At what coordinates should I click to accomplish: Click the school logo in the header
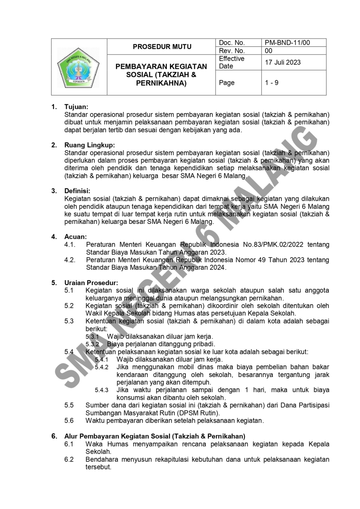[79, 67]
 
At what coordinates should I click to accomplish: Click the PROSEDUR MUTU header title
[162, 47]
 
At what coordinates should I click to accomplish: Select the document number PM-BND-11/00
[287, 43]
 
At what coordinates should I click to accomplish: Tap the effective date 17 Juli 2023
[283, 62]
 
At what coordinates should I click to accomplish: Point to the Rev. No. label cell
[232, 51]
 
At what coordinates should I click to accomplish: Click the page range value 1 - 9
[272, 83]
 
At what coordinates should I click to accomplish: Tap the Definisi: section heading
[77, 190]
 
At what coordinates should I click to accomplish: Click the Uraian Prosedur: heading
[91, 283]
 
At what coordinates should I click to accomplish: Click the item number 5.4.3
[102, 390]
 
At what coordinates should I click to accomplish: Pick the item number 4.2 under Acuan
[70, 260]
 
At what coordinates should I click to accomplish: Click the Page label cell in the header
[227, 83]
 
